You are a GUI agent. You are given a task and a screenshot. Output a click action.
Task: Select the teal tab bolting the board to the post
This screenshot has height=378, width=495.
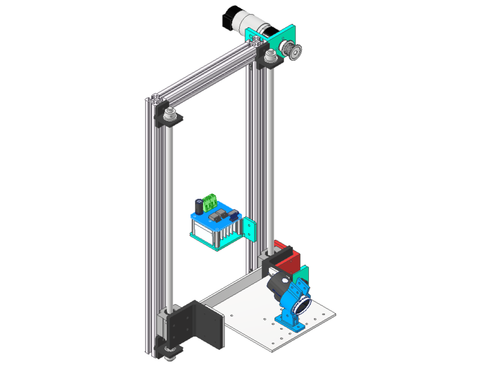[250, 229]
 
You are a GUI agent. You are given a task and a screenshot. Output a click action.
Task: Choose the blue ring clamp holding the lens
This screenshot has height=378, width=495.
[297, 298]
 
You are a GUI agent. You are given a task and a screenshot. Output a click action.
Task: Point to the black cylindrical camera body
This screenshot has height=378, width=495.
[278, 286]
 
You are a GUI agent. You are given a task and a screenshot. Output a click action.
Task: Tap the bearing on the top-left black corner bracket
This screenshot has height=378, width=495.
[170, 114]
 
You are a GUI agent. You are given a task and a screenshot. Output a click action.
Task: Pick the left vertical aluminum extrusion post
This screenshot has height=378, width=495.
[150, 224]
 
